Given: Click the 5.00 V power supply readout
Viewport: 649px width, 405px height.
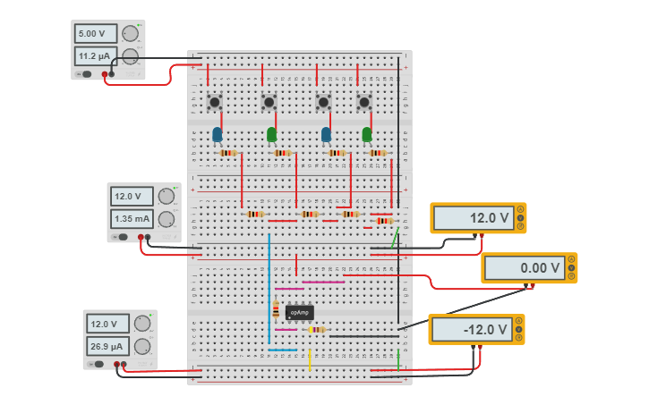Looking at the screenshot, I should (96, 34).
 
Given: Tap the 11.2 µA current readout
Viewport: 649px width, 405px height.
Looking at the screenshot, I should (96, 56).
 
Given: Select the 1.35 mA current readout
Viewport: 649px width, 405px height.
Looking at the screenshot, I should (132, 218).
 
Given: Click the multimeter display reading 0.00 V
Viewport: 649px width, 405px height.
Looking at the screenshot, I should (528, 267).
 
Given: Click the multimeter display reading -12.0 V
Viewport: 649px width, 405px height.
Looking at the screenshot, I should (475, 329).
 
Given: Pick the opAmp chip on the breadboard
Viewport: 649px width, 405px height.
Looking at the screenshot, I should (299, 312).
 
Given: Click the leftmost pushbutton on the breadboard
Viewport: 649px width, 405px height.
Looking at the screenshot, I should (215, 102).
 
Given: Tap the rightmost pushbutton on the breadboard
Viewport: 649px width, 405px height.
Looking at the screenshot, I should (364, 102).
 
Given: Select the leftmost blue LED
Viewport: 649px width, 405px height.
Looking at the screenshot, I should (217, 135).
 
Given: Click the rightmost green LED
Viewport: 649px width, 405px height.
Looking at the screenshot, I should (366, 135).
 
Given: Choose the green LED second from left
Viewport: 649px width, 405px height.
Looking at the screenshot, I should (271, 135).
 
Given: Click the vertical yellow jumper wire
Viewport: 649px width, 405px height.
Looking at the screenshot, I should (310, 359).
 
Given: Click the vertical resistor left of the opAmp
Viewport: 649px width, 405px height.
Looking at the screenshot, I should (275, 310).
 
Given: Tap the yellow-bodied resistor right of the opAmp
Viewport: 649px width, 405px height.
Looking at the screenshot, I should (316, 330).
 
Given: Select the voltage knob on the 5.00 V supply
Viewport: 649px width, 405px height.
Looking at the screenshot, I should (131, 34).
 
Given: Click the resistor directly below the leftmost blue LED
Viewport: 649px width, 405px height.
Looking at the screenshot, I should (227, 153).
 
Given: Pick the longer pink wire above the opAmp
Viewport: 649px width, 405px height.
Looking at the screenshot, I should (323, 282).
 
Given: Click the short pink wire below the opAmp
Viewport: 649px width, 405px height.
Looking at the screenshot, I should (286, 330).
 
